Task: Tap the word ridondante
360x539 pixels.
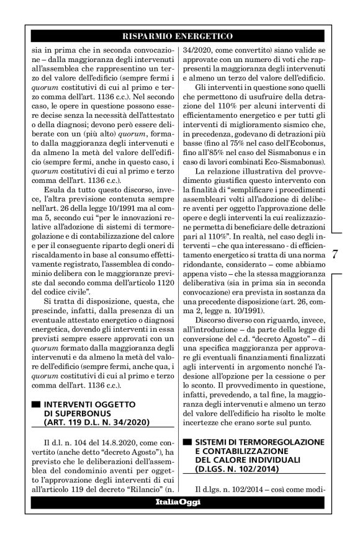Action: click(210, 264)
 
